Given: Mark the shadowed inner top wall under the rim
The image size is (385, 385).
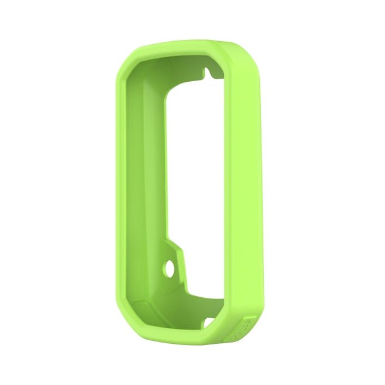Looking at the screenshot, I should [x=173, y=64].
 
